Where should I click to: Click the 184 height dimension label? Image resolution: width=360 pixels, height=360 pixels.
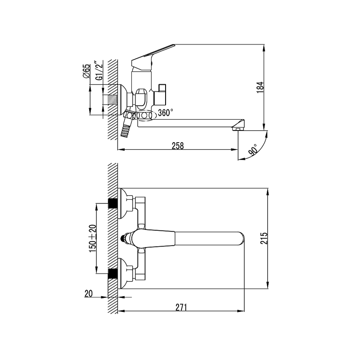coord(260,87)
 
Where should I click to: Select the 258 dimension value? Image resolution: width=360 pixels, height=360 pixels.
coord(178,146)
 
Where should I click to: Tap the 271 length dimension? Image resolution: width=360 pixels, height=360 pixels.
coord(181,307)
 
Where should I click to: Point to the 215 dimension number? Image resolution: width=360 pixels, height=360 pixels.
coord(264,238)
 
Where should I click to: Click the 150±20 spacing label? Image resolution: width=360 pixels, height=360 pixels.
coord(93,238)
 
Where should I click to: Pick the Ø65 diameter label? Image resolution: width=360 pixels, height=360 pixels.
coord(86,71)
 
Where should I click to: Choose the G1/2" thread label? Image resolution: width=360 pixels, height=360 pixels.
coord(99,71)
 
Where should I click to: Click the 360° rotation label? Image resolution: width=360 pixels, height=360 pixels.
coord(166,113)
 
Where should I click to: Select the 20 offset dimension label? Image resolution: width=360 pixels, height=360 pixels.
coord(89,294)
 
